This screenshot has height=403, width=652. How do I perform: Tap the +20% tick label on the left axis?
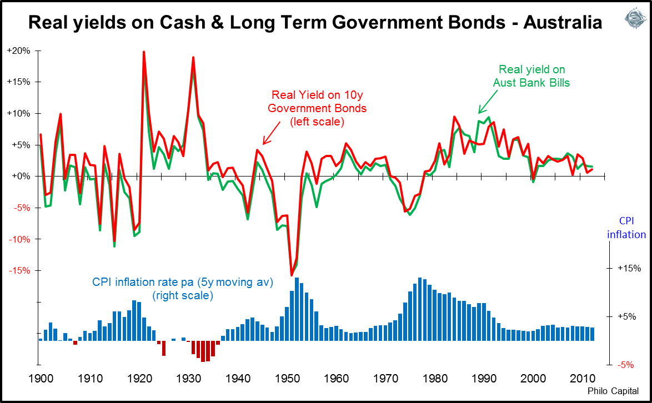[x=18, y=51]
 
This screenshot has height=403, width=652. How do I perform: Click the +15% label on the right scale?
[x=629, y=269]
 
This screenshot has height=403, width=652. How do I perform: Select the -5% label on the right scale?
[x=629, y=365]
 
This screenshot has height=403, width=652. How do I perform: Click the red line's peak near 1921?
[x=144, y=52]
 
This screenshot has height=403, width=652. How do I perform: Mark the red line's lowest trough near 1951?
[x=292, y=275]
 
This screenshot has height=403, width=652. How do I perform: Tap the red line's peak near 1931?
[x=193, y=58]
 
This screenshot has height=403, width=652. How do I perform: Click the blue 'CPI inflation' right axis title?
[x=626, y=229]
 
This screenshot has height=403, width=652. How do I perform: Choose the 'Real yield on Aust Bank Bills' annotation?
[x=531, y=76]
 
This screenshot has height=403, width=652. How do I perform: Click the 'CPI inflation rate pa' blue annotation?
[x=183, y=289]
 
